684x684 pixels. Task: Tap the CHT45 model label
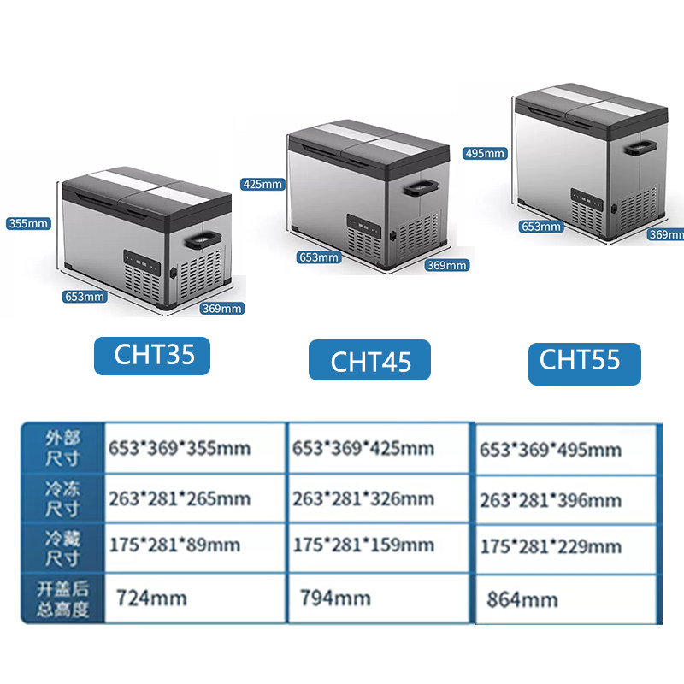(369, 360)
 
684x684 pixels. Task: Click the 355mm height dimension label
(28, 224)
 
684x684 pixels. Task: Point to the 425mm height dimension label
(262, 184)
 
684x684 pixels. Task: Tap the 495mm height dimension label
(486, 154)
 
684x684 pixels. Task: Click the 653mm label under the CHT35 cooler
(84, 297)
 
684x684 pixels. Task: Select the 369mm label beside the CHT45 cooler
(447, 265)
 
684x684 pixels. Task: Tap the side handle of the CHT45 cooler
(423, 186)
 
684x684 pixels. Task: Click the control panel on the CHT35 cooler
(142, 260)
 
